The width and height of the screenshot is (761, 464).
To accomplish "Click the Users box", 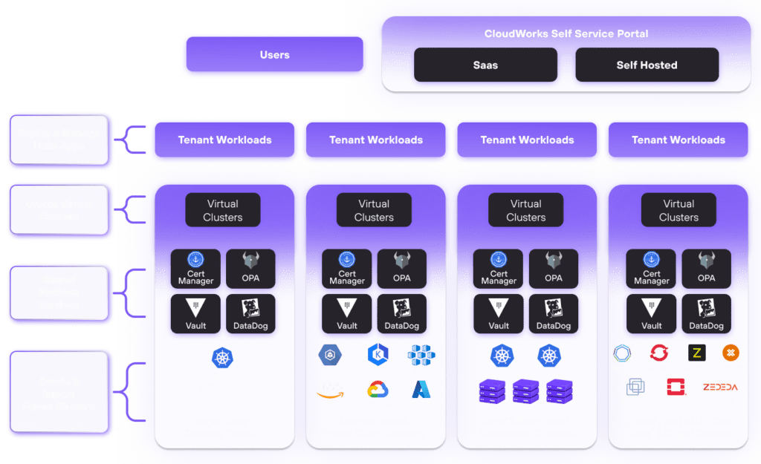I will tap(274, 55).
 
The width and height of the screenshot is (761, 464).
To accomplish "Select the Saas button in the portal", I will tap(485, 65).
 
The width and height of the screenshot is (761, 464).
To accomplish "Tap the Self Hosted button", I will tap(647, 65).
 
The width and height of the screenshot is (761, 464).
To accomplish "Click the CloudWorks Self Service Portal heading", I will tap(566, 33).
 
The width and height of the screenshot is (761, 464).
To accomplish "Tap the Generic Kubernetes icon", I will tap(221, 358).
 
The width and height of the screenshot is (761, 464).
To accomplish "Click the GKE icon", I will tap(328, 355).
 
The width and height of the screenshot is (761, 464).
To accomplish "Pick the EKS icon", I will tap(378, 355).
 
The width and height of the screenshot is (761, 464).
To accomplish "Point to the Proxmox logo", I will tap(731, 353).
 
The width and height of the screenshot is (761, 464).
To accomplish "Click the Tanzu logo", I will tap(621, 353).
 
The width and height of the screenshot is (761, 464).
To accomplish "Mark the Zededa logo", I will tap(720, 387).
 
